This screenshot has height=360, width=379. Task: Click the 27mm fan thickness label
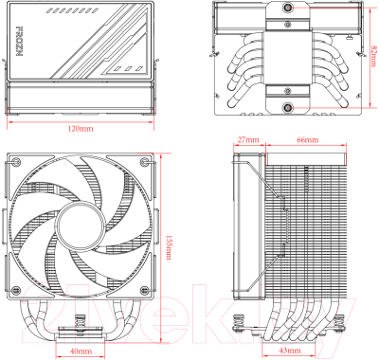248,139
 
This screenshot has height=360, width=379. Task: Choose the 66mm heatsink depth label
307,139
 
